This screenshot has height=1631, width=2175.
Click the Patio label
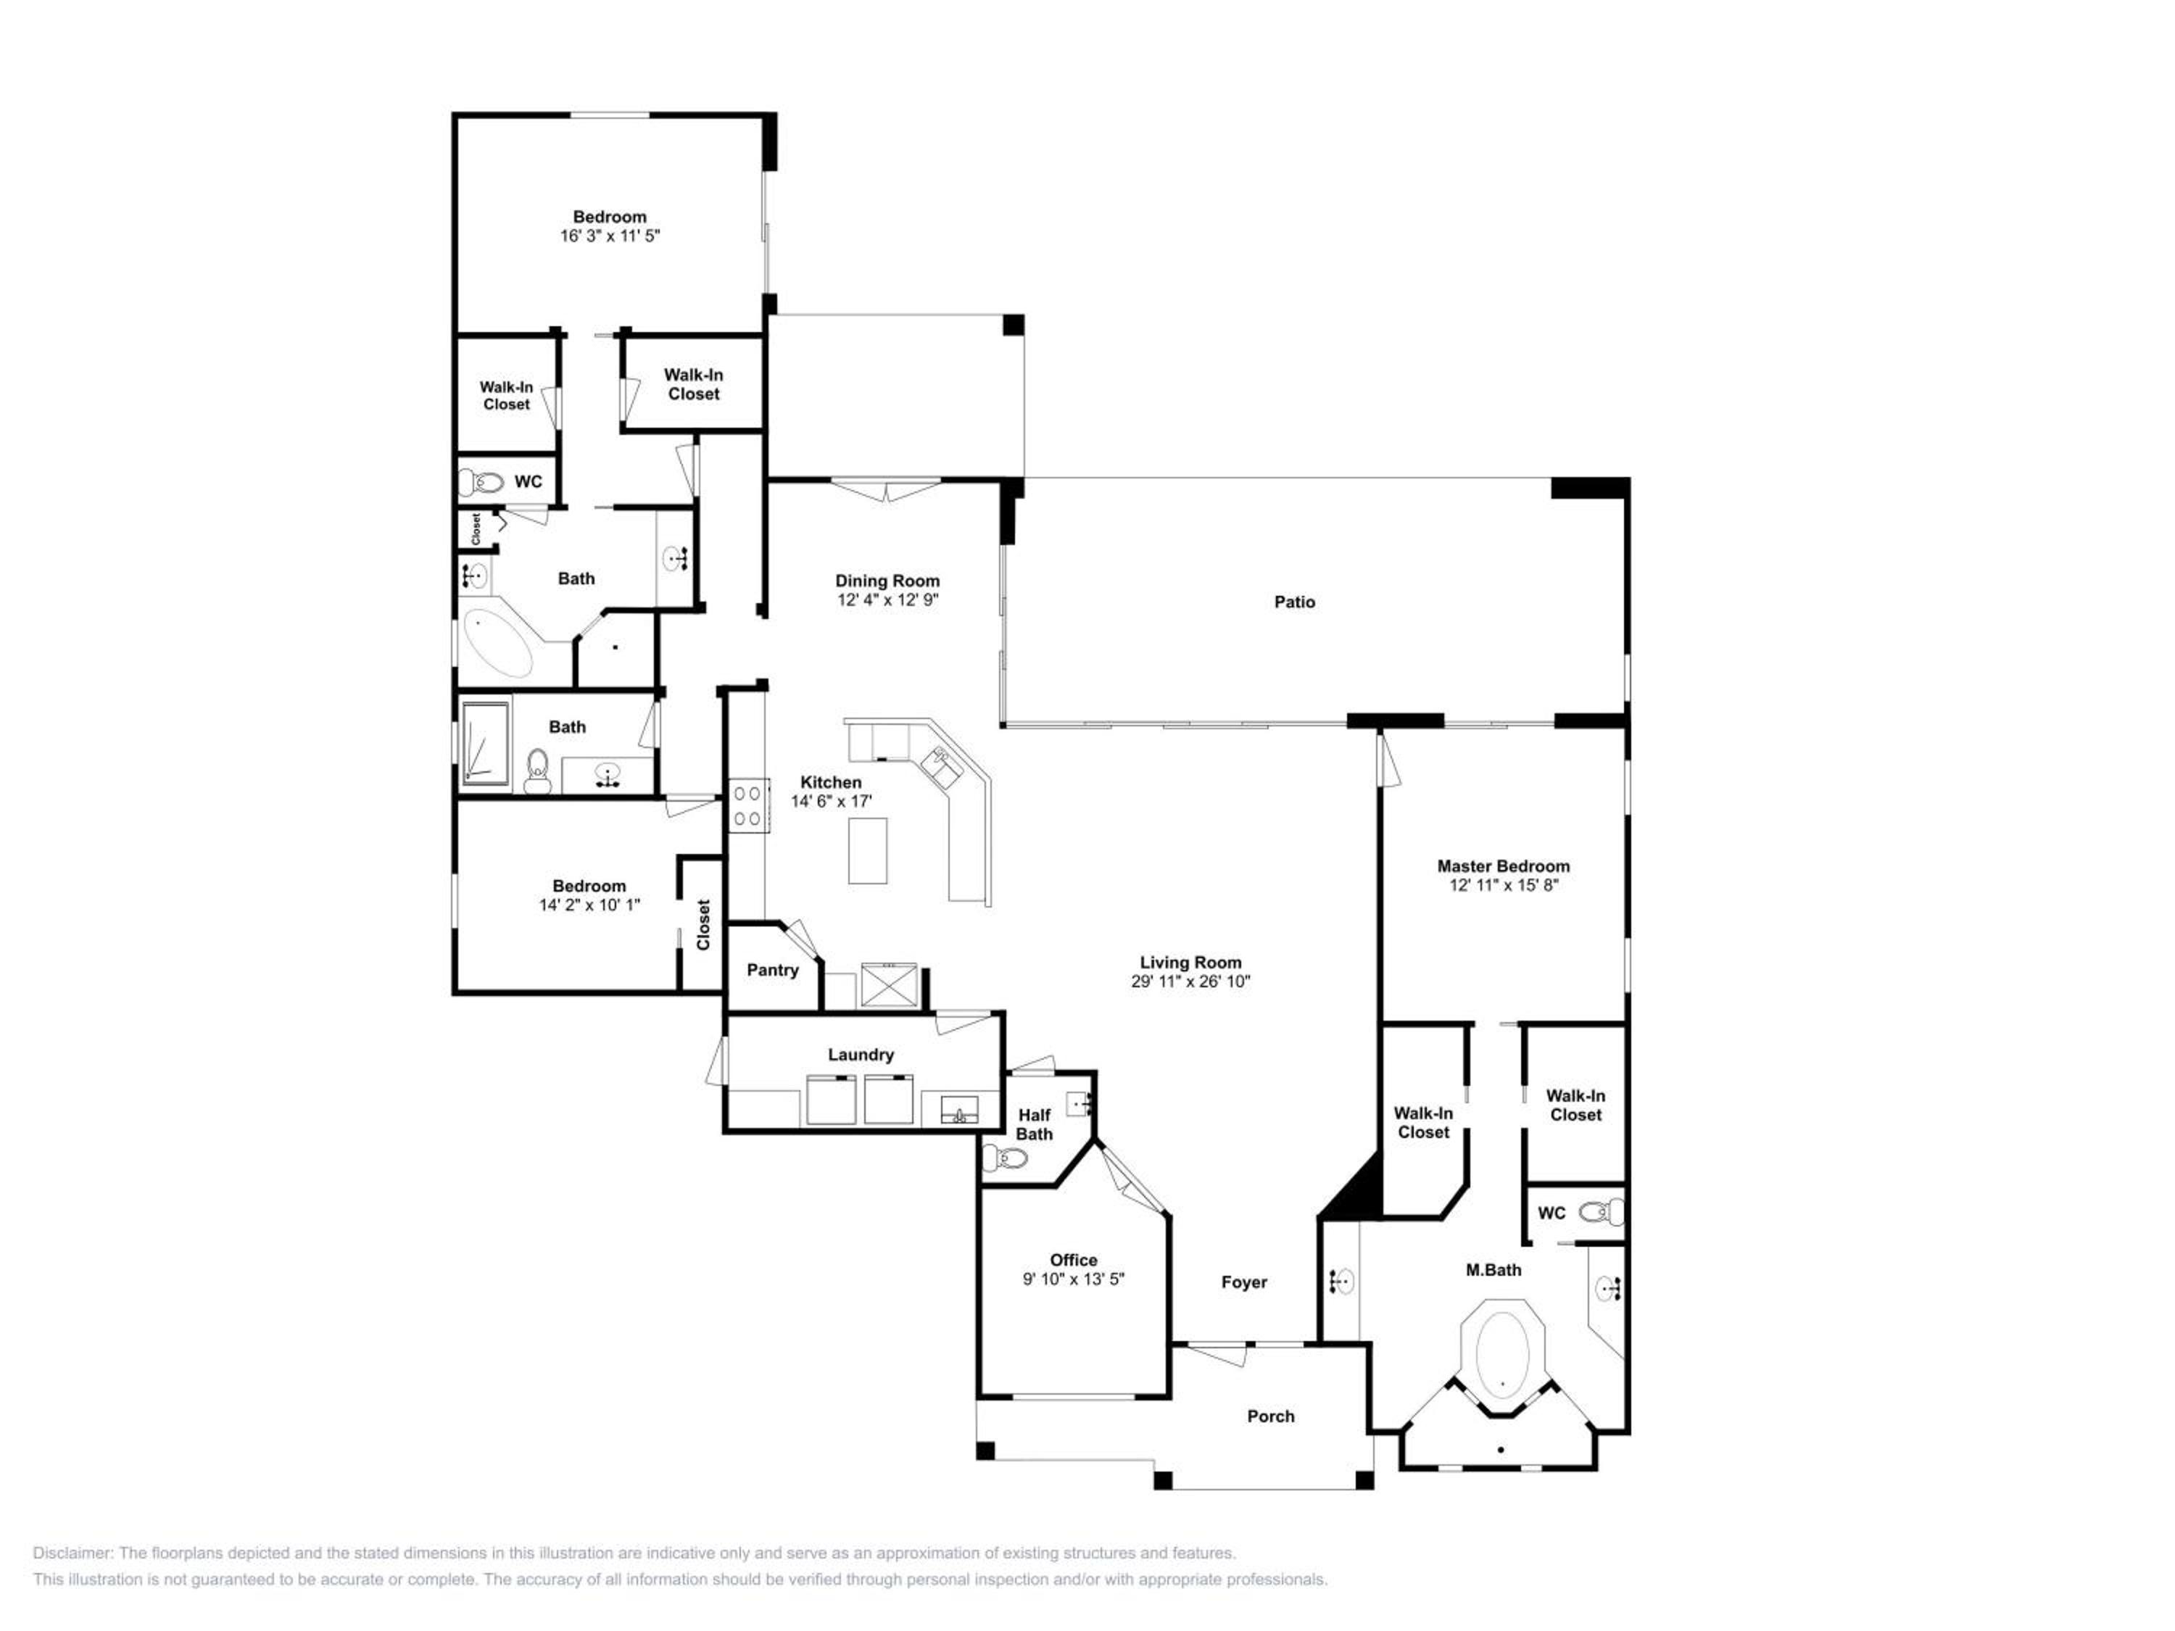point(1294,602)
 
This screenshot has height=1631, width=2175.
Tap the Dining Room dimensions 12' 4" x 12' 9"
point(888,599)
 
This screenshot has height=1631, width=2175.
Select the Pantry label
point(772,971)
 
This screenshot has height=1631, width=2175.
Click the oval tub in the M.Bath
point(1502,1356)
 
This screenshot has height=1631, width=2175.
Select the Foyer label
point(1244,1282)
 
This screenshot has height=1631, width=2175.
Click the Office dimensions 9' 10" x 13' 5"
point(1073,1279)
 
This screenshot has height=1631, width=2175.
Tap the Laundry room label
point(861,1055)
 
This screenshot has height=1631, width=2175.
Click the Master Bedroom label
point(1504,866)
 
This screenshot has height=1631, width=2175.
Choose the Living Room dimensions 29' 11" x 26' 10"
point(1190,981)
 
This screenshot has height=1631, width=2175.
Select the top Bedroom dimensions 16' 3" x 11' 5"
point(610,236)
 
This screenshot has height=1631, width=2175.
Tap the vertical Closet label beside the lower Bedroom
point(703,925)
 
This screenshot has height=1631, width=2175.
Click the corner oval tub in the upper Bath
point(497,644)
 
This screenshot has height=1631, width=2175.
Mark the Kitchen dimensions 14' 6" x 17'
point(832,801)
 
